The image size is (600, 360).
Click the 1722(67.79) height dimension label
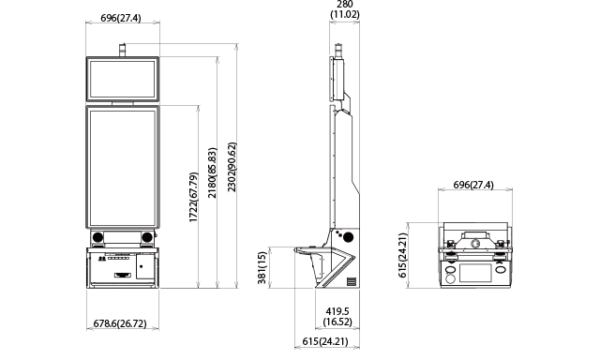point(194,198)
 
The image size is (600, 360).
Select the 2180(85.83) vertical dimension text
point(213,172)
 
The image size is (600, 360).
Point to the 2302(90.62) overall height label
point(232,167)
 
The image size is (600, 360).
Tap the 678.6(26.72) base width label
point(120,323)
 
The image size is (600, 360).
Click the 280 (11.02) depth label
point(345,9)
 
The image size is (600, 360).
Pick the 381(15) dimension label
point(262,268)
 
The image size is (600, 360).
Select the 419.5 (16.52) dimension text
point(337,316)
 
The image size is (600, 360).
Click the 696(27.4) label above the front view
point(121,18)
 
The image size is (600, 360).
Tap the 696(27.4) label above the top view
point(473,185)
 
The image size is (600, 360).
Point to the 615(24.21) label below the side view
point(325,341)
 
